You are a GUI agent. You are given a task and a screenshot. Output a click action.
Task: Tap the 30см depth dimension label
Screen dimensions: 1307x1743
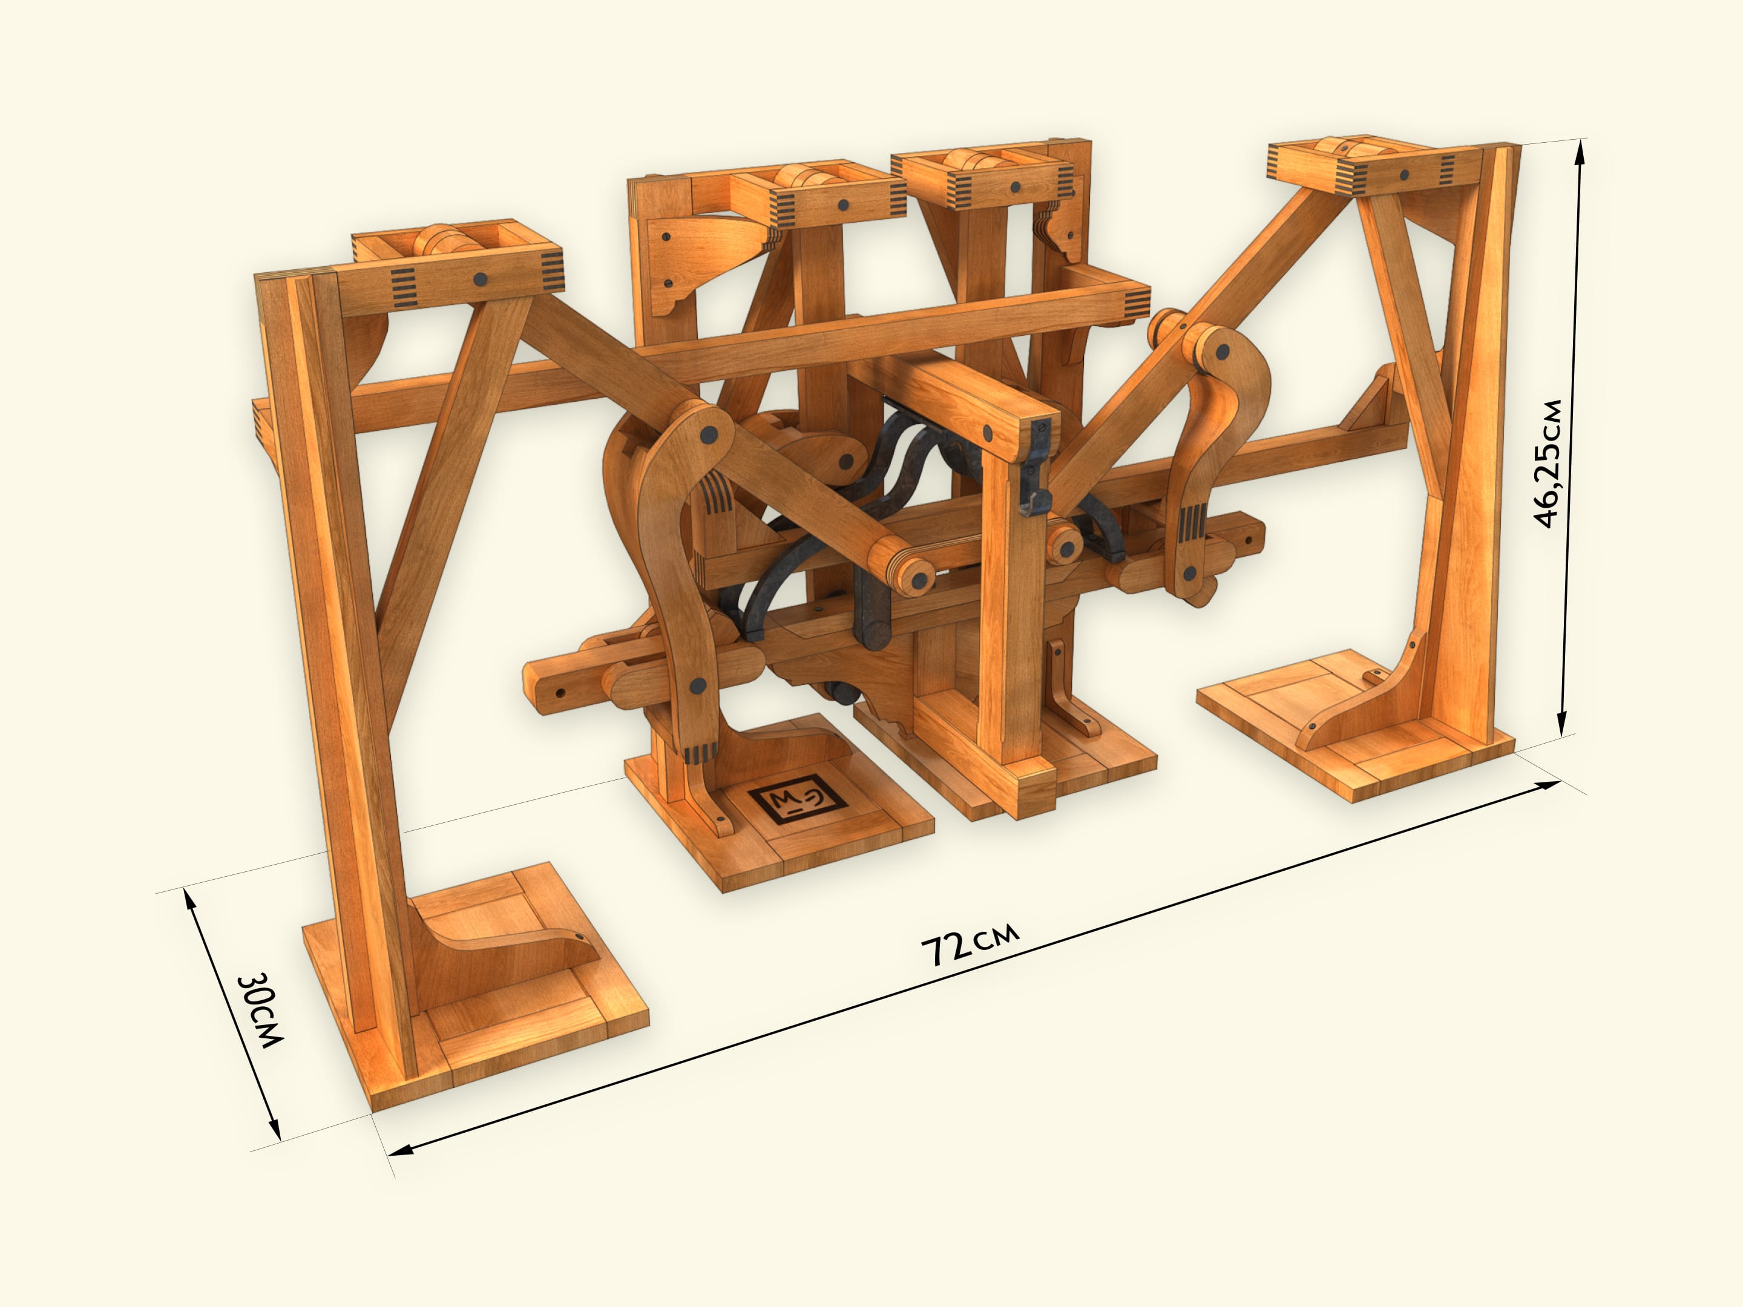click(x=261, y=1011)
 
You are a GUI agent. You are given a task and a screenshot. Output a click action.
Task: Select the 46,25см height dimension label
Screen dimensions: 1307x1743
click(x=1548, y=464)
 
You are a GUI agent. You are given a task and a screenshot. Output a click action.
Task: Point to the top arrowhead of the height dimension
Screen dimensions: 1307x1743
click(x=1579, y=149)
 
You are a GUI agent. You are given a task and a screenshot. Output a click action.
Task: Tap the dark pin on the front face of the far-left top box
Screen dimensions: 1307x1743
click(x=480, y=279)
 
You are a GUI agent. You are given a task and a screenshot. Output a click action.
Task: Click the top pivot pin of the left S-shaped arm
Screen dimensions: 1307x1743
click(x=707, y=434)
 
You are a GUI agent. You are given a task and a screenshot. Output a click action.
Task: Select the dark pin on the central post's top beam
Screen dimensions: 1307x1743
click(x=987, y=431)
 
